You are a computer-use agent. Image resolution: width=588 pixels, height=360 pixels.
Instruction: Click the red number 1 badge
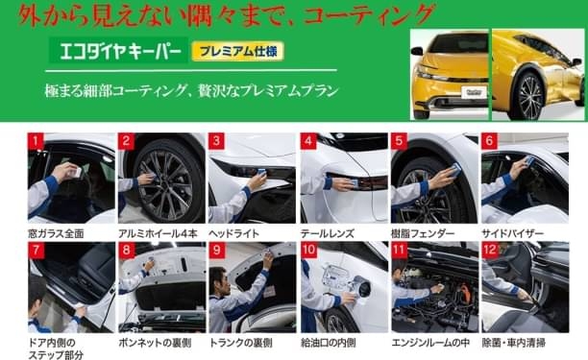[x=36, y=141]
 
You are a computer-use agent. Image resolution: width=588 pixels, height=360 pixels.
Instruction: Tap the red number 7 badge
[x=36, y=251]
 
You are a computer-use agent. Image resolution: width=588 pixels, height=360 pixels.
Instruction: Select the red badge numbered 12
[x=490, y=251]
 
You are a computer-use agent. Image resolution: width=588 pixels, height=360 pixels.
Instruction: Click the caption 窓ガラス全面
[x=57, y=233]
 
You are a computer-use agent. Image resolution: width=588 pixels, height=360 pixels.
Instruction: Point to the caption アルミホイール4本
[x=158, y=233]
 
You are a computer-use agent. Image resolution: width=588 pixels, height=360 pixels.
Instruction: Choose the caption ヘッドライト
[x=234, y=233]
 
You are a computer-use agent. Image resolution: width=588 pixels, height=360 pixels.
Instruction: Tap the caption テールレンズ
[x=328, y=233]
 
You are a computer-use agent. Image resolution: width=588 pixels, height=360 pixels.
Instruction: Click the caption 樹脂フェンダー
[x=423, y=233]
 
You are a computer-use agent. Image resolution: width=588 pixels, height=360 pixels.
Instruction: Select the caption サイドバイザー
[x=513, y=233]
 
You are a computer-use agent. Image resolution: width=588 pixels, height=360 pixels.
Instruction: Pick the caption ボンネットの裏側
[x=155, y=343]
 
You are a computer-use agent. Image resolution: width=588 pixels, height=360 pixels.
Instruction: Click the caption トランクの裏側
[x=240, y=343]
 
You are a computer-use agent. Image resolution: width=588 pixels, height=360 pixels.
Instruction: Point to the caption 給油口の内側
[x=329, y=343]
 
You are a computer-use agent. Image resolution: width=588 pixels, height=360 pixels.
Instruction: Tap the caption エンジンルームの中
[x=430, y=343]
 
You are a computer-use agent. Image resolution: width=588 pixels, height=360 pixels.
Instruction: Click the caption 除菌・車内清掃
[x=514, y=343]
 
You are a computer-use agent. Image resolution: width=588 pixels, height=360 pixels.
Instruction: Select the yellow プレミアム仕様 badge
[x=237, y=51]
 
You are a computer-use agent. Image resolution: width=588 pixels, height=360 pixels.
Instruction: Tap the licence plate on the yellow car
[x=474, y=92]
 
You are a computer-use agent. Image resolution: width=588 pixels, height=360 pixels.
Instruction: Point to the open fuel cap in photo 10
[x=362, y=287]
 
